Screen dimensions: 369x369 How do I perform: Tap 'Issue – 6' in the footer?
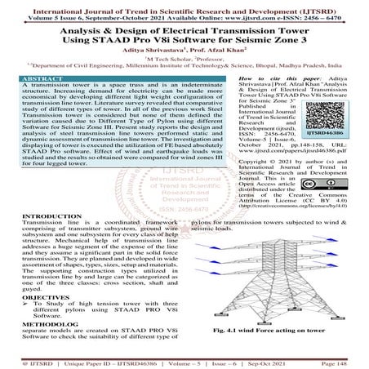[232, 362]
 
